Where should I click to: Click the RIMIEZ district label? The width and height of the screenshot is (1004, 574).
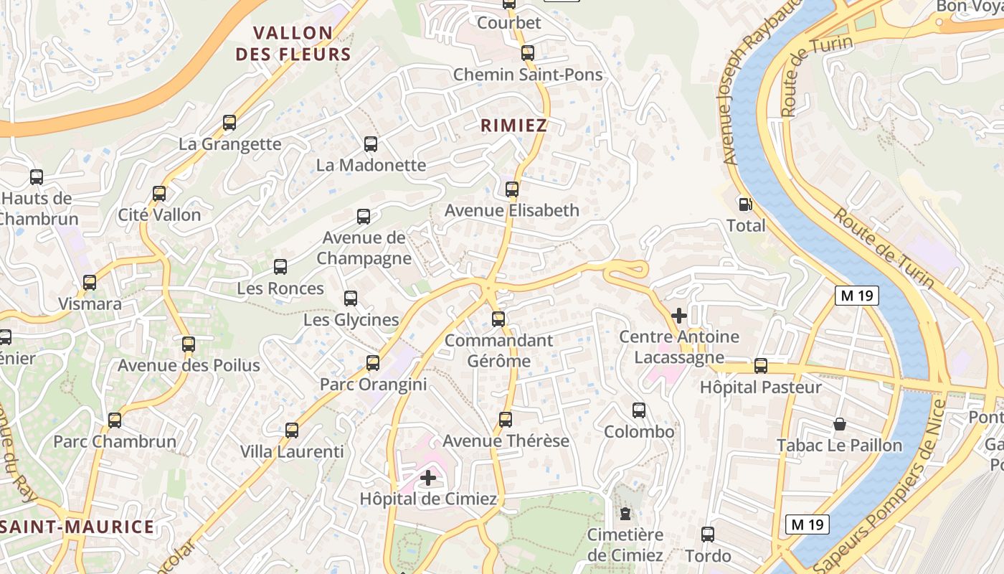[513, 126]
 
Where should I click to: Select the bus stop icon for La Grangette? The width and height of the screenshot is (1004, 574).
[229, 123]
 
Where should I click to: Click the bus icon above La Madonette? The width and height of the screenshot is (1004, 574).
[371, 144]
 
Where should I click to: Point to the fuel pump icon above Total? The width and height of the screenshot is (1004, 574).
[746, 204]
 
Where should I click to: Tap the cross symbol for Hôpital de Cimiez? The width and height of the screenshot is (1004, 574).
[428, 478]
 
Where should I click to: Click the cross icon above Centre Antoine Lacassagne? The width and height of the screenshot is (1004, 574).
[678, 315]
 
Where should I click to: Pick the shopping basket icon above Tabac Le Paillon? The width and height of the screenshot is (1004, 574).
[840, 424]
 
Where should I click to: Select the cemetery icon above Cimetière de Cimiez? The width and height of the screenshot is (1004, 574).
[625, 514]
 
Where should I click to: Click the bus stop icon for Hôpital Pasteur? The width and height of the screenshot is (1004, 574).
[761, 366]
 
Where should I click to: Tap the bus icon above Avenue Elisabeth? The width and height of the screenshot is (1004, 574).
[512, 189]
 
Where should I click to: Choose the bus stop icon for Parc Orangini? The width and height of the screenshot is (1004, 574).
[373, 363]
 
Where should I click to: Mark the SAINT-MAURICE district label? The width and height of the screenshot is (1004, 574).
[77, 527]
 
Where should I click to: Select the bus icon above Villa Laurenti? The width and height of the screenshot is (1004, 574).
[292, 430]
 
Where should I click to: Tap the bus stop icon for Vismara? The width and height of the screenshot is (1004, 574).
[90, 283]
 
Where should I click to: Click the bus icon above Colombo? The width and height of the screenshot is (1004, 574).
[639, 410]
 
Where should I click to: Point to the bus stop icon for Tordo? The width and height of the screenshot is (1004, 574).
[708, 535]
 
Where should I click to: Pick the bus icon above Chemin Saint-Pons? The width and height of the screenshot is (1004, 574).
[528, 52]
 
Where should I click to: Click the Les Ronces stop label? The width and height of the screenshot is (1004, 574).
[280, 288]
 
